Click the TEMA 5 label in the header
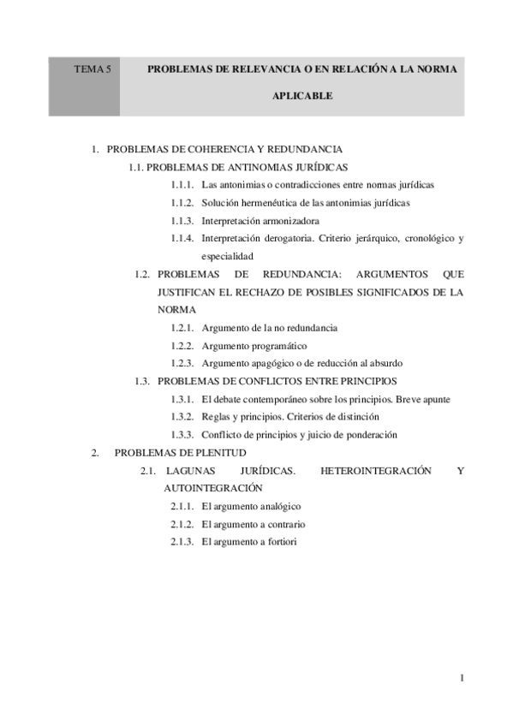click(x=92, y=68)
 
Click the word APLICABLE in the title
click(x=302, y=97)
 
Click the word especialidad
click(x=227, y=257)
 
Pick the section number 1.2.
click(x=142, y=275)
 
